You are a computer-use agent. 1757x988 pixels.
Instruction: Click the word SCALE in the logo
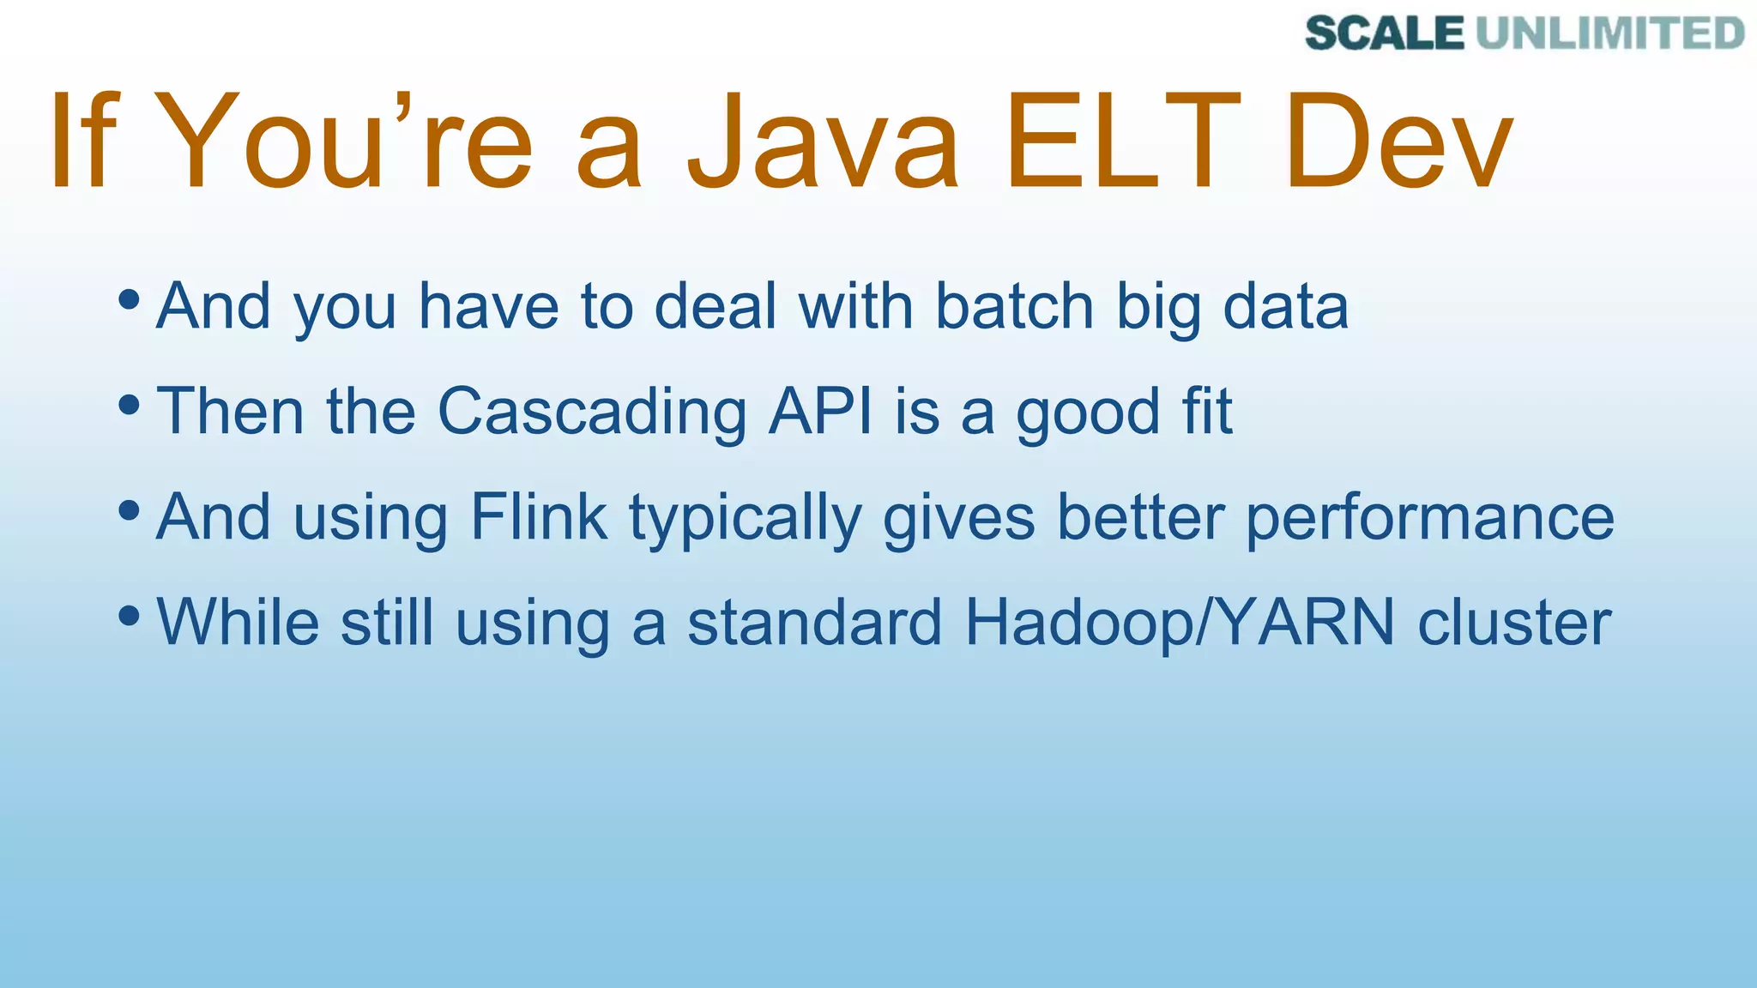pyautogui.click(x=1384, y=33)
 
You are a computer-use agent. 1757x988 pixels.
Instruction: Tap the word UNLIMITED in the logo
pyautogui.click(x=1610, y=33)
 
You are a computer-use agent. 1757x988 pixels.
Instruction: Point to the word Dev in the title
pyautogui.click(x=1398, y=142)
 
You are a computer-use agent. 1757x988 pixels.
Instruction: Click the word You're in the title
pyautogui.click(x=343, y=142)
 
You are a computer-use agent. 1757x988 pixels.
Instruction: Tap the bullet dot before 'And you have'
pyautogui.click(x=130, y=300)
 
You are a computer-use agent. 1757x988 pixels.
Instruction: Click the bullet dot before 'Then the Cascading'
pyautogui.click(x=130, y=405)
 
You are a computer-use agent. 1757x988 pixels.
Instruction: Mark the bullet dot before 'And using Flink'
pyautogui.click(x=130, y=510)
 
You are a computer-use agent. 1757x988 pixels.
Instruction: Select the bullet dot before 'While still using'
pyautogui.click(x=130, y=615)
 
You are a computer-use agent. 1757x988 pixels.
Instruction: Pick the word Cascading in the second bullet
pyautogui.click(x=592, y=413)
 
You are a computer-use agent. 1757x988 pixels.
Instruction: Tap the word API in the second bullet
pyautogui.click(x=820, y=412)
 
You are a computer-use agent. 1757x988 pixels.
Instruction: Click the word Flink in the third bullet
pyautogui.click(x=539, y=517)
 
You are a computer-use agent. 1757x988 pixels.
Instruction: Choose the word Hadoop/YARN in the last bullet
pyautogui.click(x=1180, y=623)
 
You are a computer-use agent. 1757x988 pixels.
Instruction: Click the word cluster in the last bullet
pyautogui.click(x=1514, y=623)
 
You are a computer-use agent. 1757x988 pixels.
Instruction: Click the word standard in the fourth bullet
pyautogui.click(x=814, y=623)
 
